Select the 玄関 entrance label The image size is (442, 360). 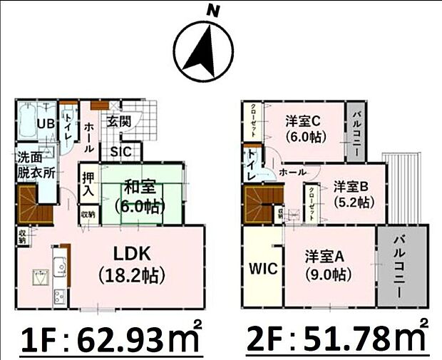(119, 121)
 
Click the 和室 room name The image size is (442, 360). (140, 189)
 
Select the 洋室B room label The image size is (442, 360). (350, 186)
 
